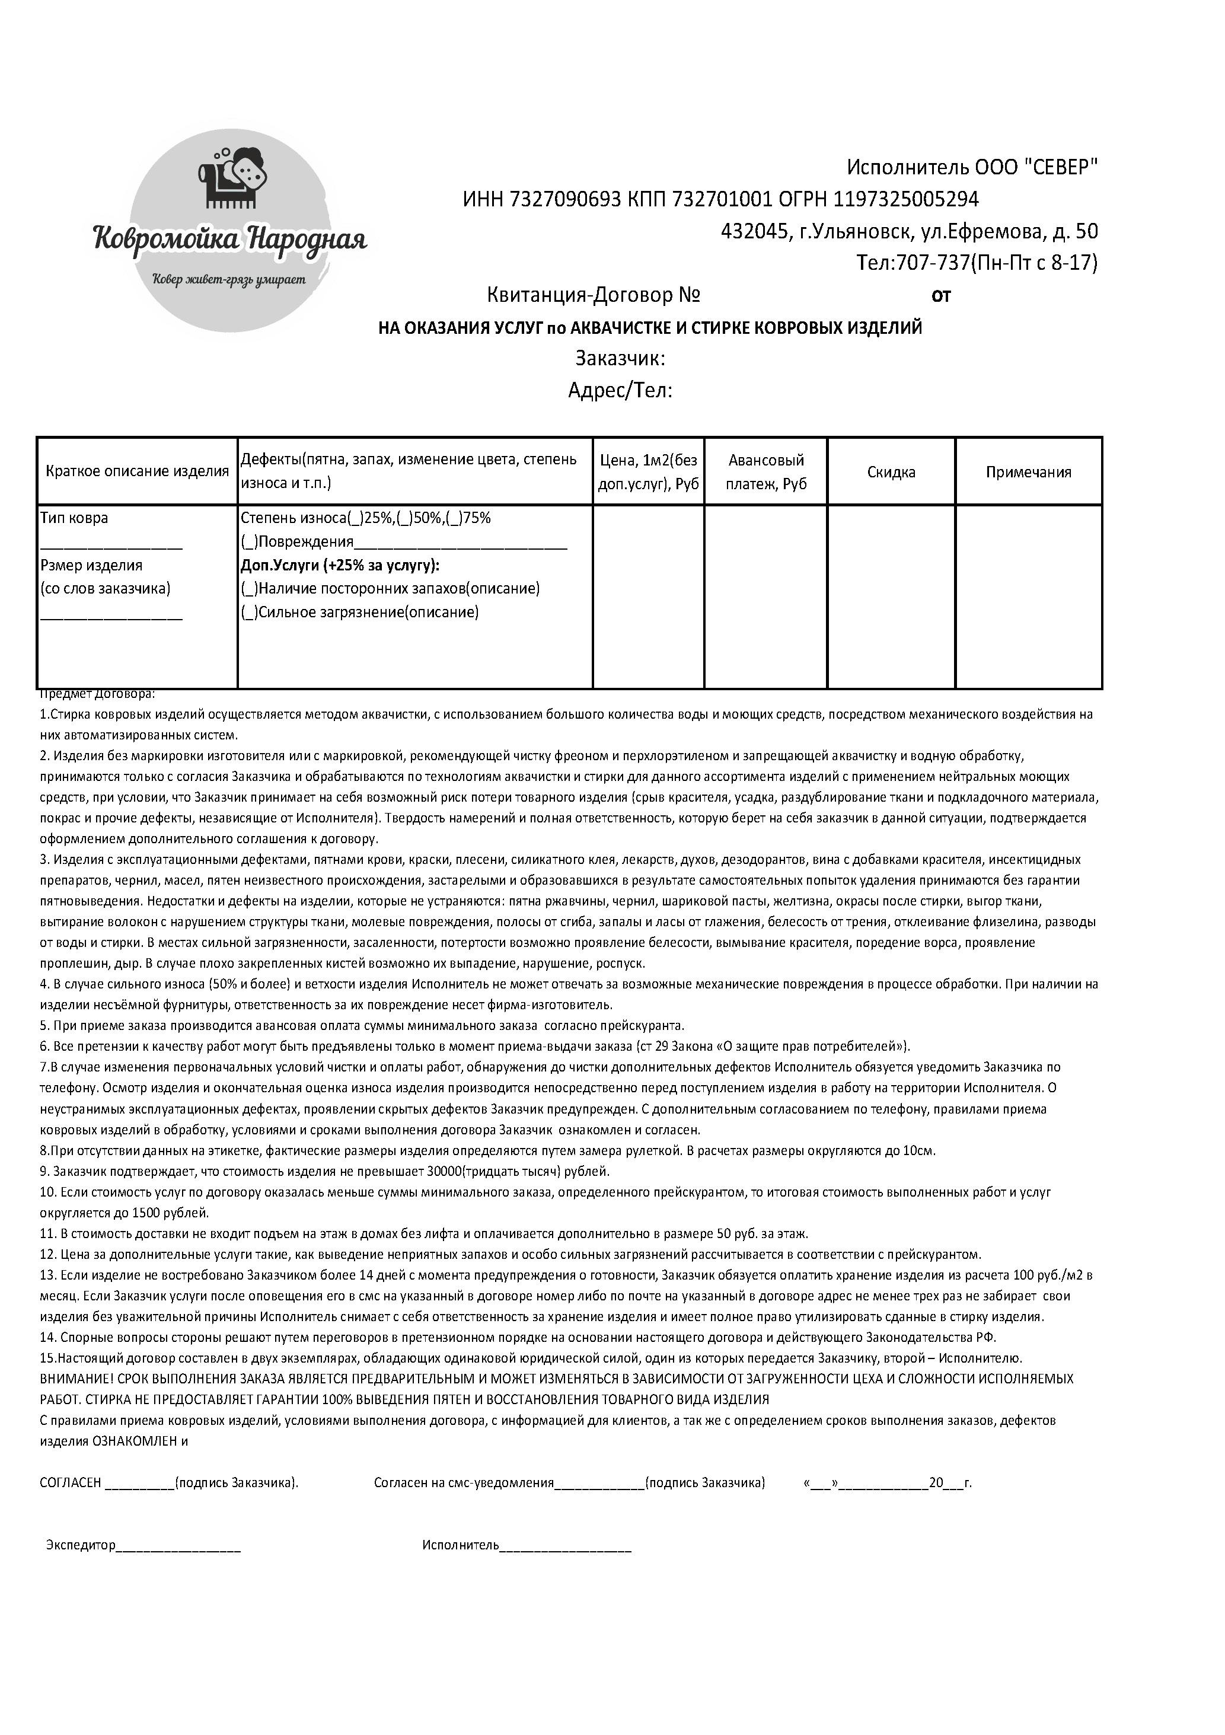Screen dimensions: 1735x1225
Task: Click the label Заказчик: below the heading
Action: click(x=620, y=358)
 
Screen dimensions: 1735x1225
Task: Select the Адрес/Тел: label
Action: click(x=620, y=391)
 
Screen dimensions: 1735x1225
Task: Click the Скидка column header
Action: click(x=891, y=472)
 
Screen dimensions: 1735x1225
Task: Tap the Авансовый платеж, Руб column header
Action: click(x=765, y=471)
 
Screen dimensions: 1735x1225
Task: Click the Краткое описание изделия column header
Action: click(x=137, y=471)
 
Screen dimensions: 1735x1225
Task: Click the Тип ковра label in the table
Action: click(x=74, y=518)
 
